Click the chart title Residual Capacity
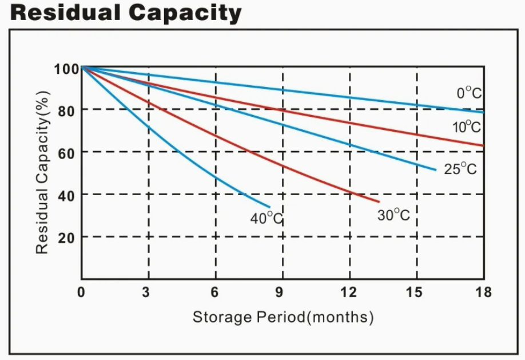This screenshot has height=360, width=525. click(x=125, y=13)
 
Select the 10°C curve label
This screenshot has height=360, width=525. click(x=467, y=127)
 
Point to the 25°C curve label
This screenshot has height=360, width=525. click(x=460, y=169)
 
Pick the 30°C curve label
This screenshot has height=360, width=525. click(x=393, y=215)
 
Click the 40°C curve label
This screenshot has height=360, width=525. click(x=267, y=218)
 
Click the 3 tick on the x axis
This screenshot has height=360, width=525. click(x=147, y=292)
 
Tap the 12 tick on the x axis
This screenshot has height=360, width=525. click(x=348, y=292)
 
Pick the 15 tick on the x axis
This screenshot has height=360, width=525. click(x=415, y=292)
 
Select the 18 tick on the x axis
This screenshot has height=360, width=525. click(x=483, y=292)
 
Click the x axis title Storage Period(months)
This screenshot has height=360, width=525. click(x=283, y=317)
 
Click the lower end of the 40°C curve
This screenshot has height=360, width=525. click(x=269, y=207)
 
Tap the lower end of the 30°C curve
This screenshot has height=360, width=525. click(x=379, y=202)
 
